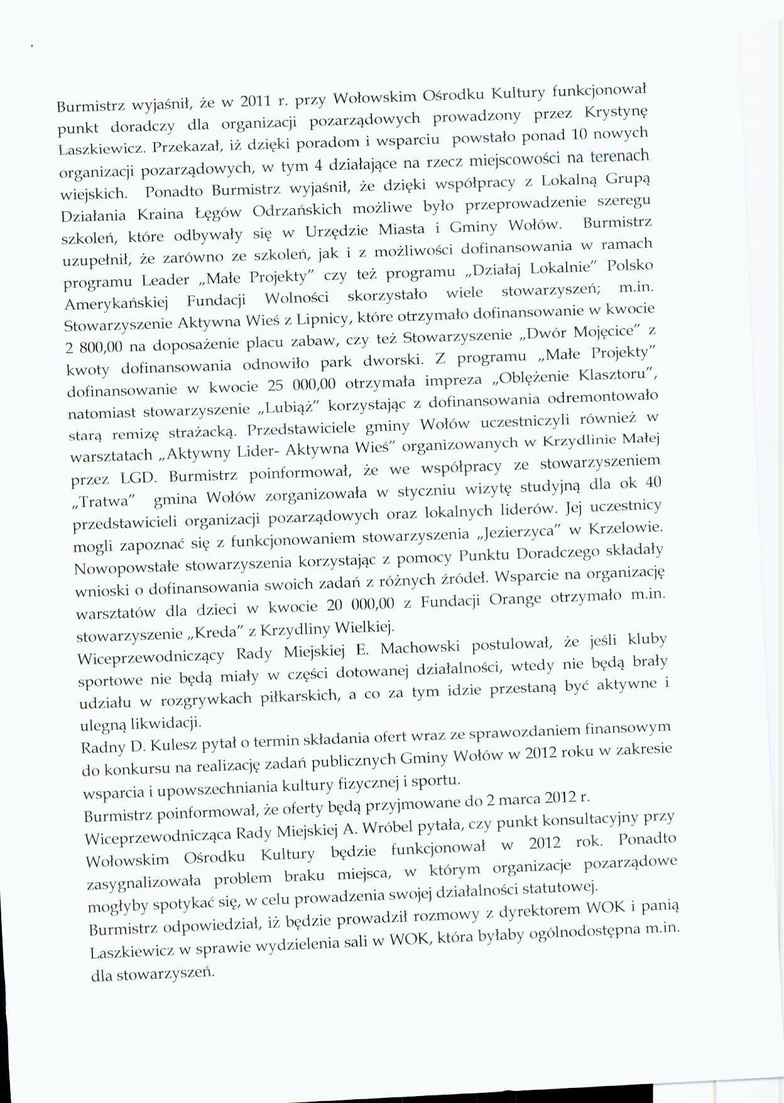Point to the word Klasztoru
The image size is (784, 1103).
617,376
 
